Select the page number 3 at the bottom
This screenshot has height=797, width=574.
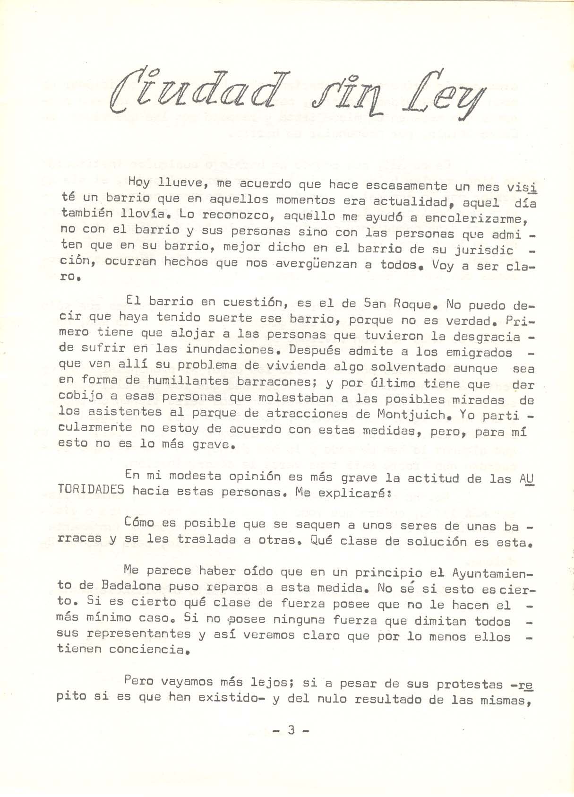[x=291, y=730]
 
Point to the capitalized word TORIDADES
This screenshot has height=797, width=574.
[x=91, y=490]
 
